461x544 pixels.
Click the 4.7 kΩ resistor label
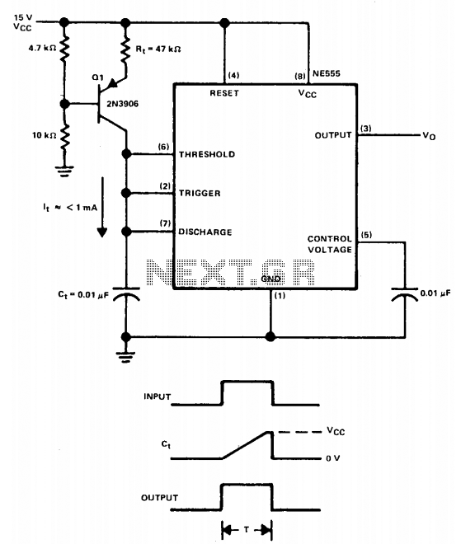pos(42,48)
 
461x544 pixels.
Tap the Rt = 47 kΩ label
pos(158,49)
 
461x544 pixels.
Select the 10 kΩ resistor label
pos(44,135)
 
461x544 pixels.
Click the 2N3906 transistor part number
pos(122,104)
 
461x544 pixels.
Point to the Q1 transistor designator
pos(97,77)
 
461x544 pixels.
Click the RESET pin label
pos(224,93)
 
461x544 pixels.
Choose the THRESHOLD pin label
pos(207,154)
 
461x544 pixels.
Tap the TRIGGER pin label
pos(200,193)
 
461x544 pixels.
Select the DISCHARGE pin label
pos(205,232)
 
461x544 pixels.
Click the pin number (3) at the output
pos(366,129)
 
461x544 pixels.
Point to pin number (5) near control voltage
pos(367,235)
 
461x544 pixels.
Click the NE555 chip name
pos(327,73)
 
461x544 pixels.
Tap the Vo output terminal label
pos(429,136)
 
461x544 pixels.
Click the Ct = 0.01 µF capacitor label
pos(83,295)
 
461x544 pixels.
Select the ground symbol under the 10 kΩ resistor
pos(64,171)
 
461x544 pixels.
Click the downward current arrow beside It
pos(102,207)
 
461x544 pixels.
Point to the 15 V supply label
pos(23,17)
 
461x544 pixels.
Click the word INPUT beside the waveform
pos(158,396)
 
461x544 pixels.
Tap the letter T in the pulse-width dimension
pos(246,529)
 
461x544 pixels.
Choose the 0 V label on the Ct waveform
pos(332,458)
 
